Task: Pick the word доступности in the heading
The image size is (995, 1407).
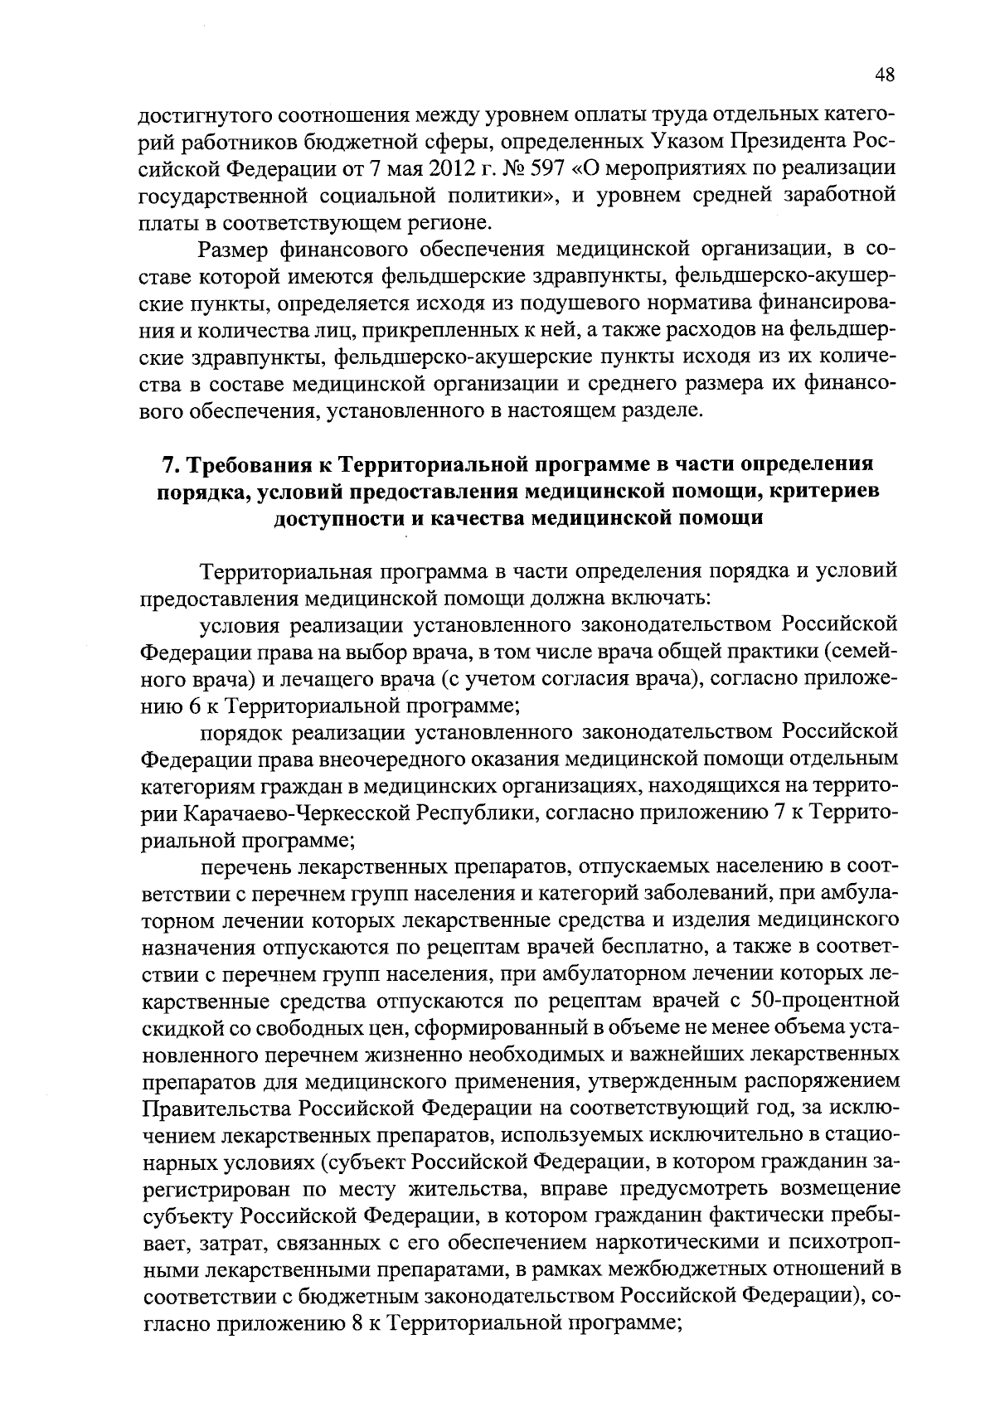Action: click(x=336, y=519)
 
